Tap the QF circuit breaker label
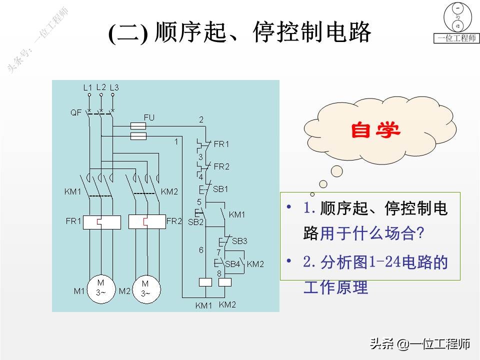pyautogui.click(x=75, y=112)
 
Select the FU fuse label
pyautogui.click(x=149, y=117)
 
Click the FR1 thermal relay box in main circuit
pyautogui.click(x=101, y=221)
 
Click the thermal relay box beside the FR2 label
pyautogui.click(x=146, y=221)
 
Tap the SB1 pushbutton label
pyautogui.click(x=220, y=189)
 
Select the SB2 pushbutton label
pyautogui.click(x=195, y=222)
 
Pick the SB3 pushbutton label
pyautogui.click(x=239, y=241)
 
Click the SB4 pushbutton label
pyautogui.click(x=233, y=264)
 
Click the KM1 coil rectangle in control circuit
pyautogui.click(x=206, y=282)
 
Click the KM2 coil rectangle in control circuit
pyautogui.click(x=225, y=282)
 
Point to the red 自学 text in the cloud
pyautogui.click(x=375, y=130)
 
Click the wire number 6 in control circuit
pyautogui.click(x=201, y=250)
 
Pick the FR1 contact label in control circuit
pyautogui.click(x=221, y=144)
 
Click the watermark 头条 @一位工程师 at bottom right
pyautogui.click(x=419, y=344)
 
